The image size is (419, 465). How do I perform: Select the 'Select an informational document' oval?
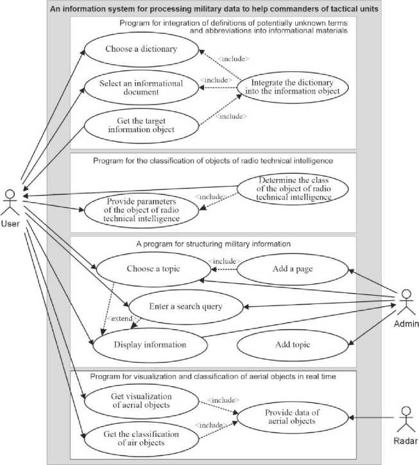click(x=141, y=88)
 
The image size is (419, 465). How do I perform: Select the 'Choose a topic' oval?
click(x=146, y=269)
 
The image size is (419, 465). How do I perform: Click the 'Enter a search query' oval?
click(x=185, y=307)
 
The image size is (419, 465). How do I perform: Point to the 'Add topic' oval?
click(x=292, y=344)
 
